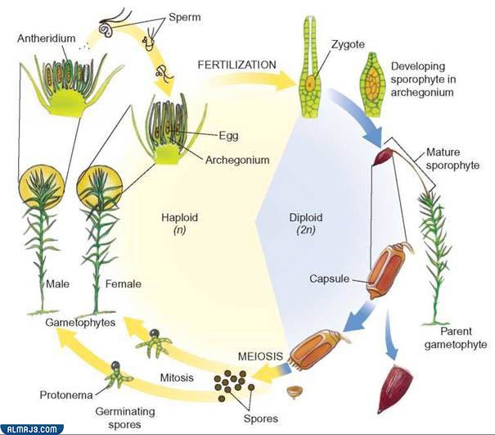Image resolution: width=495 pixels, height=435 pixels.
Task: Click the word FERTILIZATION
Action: click(x=237, y=63)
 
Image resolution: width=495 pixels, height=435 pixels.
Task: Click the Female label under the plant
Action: click(x=124, y=284)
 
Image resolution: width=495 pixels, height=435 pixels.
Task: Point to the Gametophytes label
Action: click(x=79, y=324)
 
